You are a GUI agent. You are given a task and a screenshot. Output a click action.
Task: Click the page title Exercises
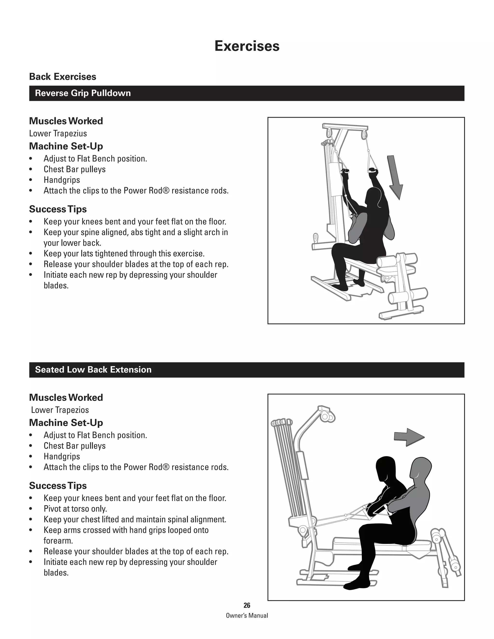[x=247, y=46]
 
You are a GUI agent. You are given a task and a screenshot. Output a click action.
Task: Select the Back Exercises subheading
[x=63, y=77]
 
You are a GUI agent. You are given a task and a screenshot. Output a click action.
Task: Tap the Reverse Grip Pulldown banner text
[x=83, y=93]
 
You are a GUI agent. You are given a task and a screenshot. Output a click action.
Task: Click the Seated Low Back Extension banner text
[x=93, y=369]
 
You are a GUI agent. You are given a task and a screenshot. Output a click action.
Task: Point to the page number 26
[x=247, y=605]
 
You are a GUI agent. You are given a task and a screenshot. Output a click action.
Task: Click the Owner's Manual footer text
[x=247, y=615]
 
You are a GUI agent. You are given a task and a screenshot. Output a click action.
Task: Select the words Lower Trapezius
[x=58, y=133]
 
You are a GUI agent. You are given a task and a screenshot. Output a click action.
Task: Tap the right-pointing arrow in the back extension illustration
[x=409, y=437]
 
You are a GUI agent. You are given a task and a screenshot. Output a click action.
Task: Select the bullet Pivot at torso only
[x=75, y=509]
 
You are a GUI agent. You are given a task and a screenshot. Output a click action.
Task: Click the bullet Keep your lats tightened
[x=124, y=253]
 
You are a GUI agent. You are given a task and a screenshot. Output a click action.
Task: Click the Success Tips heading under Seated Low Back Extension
[x=58, y=485]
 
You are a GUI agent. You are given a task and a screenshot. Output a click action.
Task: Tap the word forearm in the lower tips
[x=58, y=541]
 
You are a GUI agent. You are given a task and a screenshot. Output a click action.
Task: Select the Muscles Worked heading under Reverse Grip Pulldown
[x=66, y=121]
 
